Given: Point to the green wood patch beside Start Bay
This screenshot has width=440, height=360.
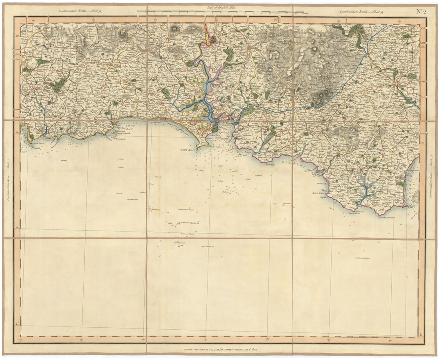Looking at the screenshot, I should pyautogui.click(x=400, y=183).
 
